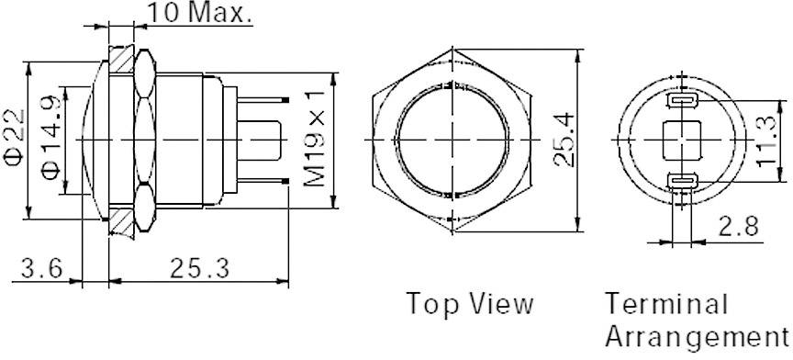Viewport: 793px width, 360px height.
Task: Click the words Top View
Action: coord(469,304)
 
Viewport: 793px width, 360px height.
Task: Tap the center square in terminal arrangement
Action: coord(680,141)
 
